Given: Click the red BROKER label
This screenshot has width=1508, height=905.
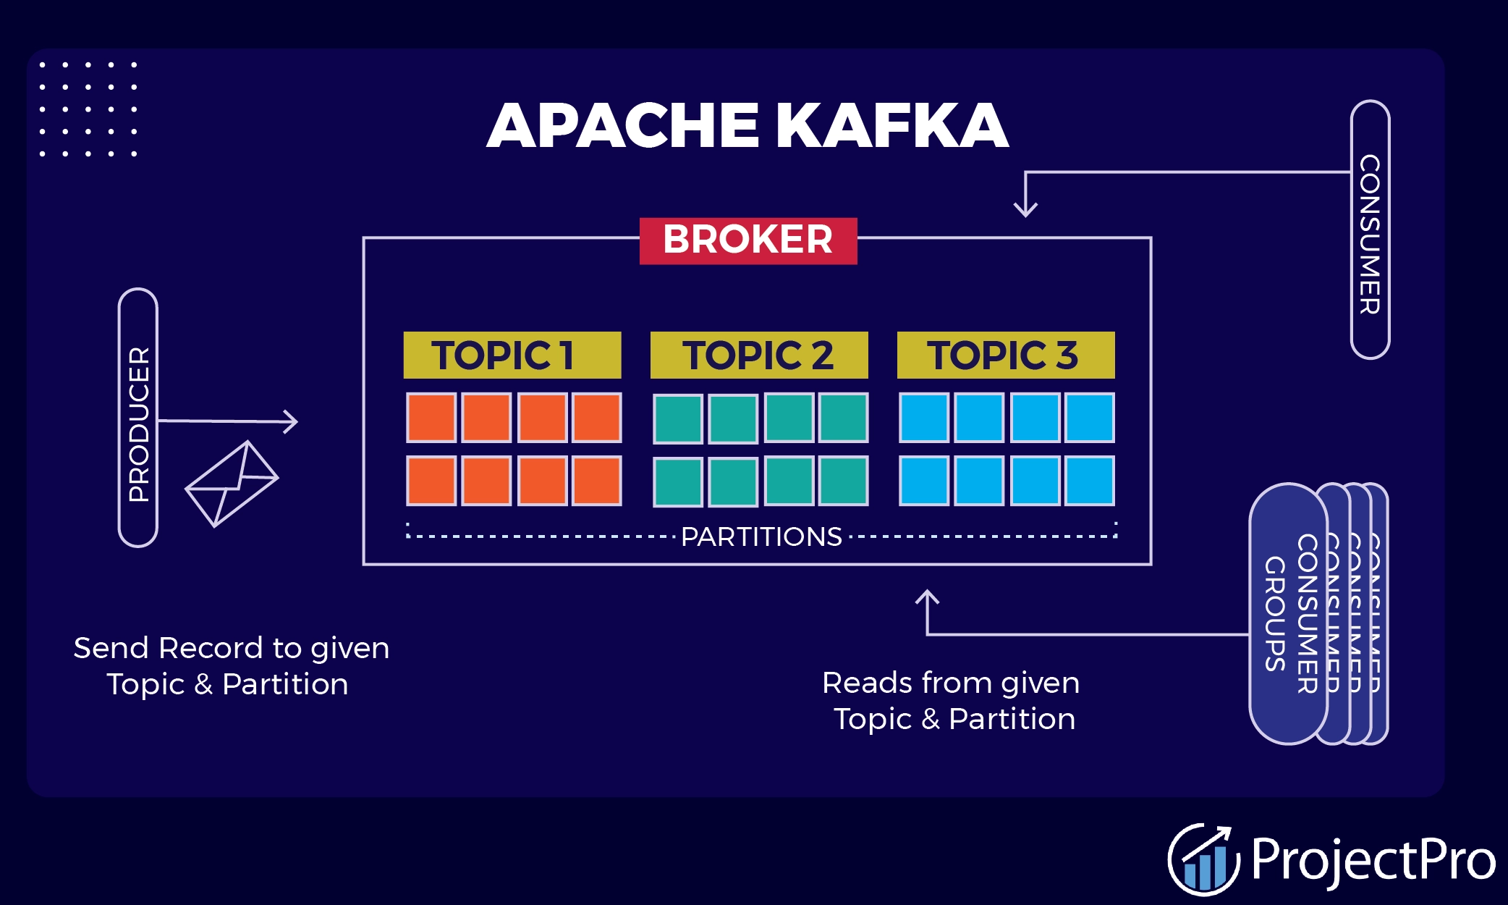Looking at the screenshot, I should [748, 240].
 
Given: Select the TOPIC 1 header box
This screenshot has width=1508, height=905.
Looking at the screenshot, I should [512, 355].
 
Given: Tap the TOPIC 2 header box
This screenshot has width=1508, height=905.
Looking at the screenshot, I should [758, 355].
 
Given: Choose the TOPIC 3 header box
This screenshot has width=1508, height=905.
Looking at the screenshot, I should [1005, 355].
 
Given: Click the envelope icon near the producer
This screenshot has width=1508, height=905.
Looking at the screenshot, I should [232, 484].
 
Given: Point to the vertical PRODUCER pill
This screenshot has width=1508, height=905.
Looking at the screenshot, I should [138, 418].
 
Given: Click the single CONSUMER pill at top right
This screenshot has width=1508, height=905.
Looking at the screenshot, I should [1370, 230].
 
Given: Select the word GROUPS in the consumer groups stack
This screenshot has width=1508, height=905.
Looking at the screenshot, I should [1275, 614].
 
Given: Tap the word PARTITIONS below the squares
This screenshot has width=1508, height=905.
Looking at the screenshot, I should [761, 536].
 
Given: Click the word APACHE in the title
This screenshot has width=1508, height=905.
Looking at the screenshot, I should [622, 126].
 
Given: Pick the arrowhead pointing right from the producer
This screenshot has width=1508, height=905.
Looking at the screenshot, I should [291, 421].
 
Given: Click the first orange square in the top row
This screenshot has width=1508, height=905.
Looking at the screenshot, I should [431, 418].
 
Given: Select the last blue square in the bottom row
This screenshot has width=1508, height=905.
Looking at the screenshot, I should [1090, 481].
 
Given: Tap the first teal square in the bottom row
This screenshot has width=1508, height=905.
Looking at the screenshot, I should [678, 481].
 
